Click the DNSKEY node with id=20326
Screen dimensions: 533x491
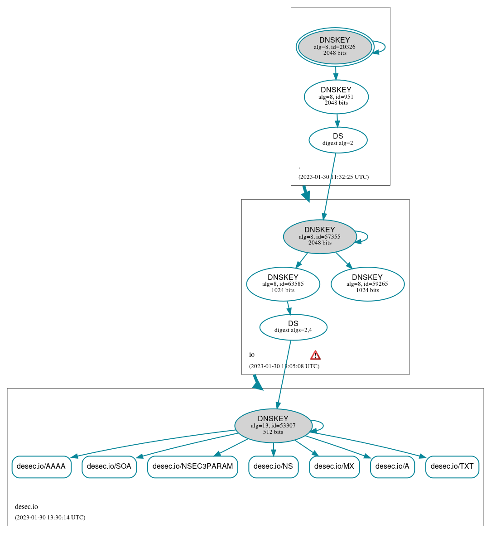tap(335, 47)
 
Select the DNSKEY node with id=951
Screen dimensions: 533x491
tap(336, 96)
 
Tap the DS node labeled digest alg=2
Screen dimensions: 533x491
tap(338, 140)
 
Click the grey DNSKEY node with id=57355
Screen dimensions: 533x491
tap(320, 236)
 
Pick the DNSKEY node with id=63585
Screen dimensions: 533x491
tap(283, 284)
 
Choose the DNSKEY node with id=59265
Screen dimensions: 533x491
tap(367, 284)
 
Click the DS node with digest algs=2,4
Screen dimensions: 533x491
tap(293, 327)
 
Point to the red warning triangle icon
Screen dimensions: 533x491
tap(315, 355)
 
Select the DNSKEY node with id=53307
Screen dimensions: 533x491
tap(273, 425)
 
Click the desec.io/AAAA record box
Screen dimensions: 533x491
tap(41, 466)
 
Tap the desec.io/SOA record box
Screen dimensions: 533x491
tap(109, 466)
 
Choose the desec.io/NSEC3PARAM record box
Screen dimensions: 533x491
tap(193, 466)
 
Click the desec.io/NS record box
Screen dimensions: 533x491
tap(273, 466)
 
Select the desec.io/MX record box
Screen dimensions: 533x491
tap(334, 466)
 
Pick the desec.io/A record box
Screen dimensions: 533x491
tap(392, 466)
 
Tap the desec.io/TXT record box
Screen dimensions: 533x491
tap(452, 466)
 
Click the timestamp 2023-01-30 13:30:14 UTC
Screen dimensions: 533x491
tap(50, 517)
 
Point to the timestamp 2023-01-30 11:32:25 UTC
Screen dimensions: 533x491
tap(333, 177)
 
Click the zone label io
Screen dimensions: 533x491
tap(252, 355)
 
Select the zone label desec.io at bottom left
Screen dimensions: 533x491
tap(26, 507)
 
